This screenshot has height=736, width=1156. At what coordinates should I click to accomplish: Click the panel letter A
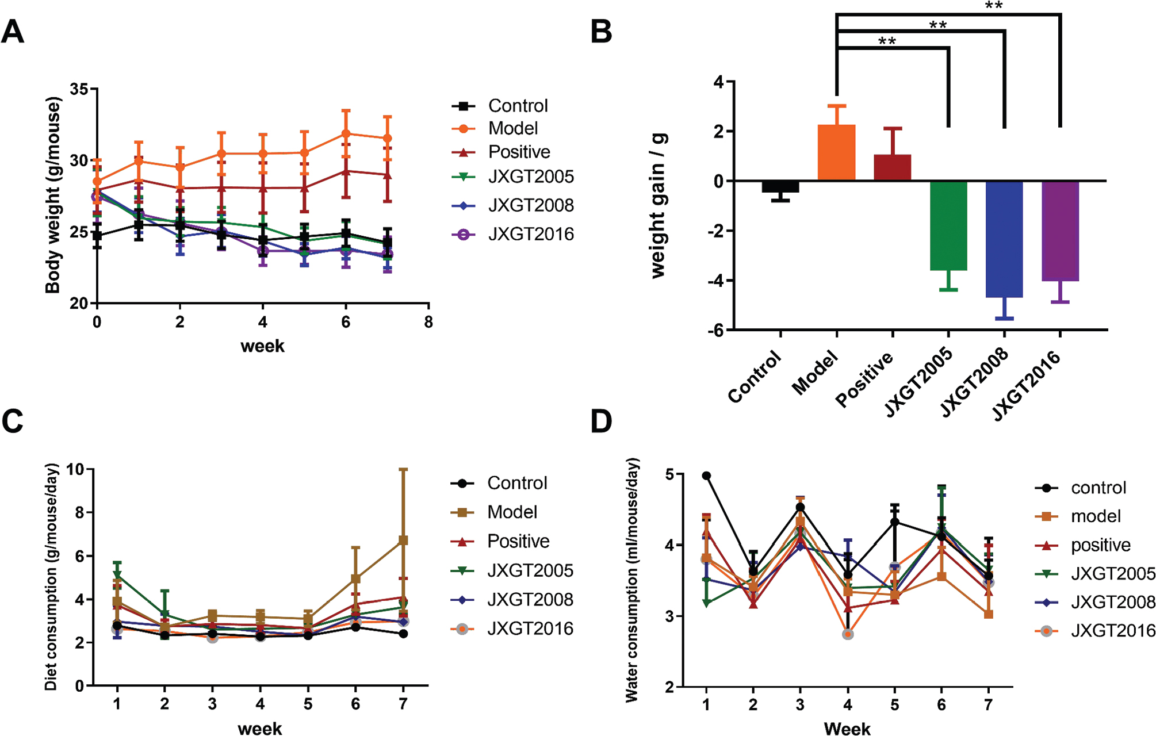pos(13,32)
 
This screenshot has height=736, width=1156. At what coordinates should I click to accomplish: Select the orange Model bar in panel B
pos(836,152)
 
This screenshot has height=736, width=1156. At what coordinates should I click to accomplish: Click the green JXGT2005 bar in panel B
pos(948,225)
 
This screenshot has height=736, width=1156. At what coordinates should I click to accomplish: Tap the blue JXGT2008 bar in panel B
pos(1004,239)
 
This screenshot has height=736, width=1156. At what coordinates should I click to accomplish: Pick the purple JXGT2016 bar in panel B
pos(1060,231)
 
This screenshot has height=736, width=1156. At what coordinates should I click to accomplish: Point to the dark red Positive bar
pos(892,167)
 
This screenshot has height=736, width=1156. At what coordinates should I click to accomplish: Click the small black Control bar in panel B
pos(780,187)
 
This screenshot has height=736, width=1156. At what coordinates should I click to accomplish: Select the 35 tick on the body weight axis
pos(79,89)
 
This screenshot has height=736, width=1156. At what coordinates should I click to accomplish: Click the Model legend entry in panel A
pos(512,128)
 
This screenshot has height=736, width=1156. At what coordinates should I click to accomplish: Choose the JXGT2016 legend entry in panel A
pos(530,234)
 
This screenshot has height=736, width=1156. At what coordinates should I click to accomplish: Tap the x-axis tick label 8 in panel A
pos(428,322)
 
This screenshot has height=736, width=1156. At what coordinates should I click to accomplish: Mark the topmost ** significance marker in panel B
pos(994,6)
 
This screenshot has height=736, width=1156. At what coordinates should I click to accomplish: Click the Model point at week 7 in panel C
pos(403,540)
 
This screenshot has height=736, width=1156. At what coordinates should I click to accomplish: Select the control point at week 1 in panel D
pos(706,476)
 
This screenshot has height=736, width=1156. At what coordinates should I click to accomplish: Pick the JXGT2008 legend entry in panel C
pos(530,600)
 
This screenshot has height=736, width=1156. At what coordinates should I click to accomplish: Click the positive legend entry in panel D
pos(1100,545)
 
